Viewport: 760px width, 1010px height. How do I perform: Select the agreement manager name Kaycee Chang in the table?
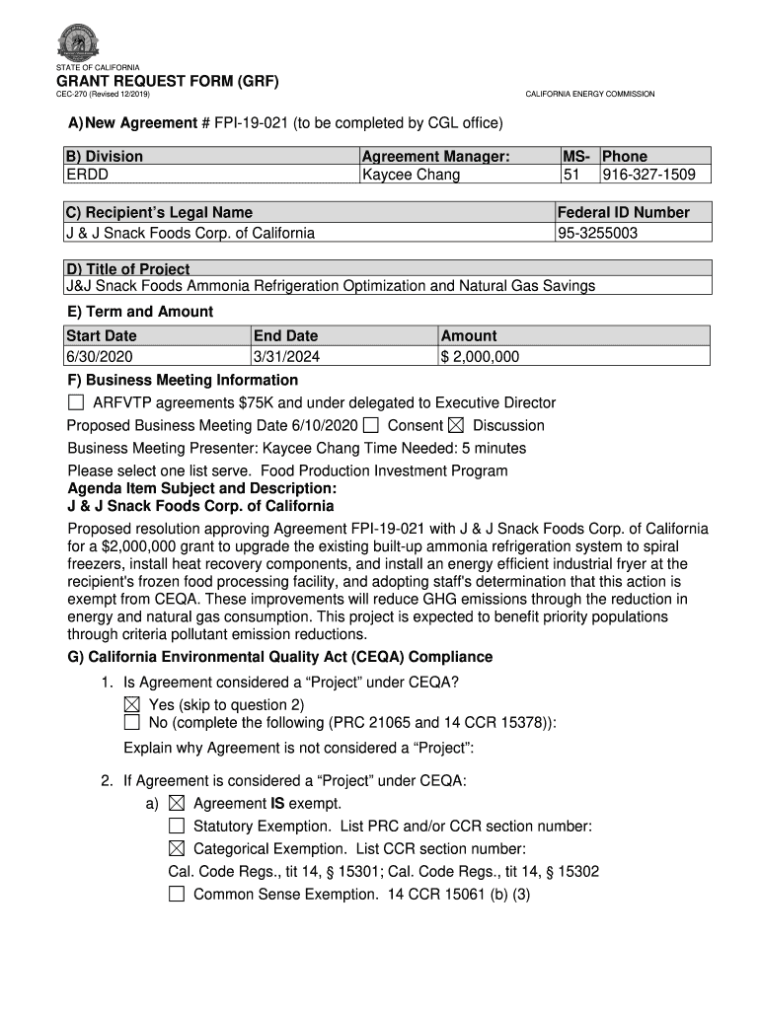pos(411,175)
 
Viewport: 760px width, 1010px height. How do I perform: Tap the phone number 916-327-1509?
pos(648,175)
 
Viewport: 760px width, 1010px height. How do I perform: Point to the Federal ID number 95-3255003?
pos(598,233)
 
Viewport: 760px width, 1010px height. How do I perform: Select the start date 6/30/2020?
pos(100,357)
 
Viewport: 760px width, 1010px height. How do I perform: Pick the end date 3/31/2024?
pos(286,357)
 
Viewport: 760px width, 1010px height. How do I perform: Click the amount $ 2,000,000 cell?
pos(480,357)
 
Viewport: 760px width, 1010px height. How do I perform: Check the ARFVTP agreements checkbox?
pos(76,402)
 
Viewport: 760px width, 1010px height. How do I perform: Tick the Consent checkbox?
pos(370,425)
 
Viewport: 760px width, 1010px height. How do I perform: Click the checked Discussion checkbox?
pos(455,425)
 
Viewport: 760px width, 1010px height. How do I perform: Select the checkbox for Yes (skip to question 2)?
pos(132,704)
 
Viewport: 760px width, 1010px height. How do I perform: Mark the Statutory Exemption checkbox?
pos(177,826)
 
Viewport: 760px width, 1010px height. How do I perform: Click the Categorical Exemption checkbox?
pos(177,848)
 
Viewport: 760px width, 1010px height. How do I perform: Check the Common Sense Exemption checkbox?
pos(177,895)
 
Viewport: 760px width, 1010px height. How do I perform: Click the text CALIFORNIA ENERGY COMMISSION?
pos(589,95)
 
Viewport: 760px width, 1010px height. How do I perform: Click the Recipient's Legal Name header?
pos(160,212)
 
